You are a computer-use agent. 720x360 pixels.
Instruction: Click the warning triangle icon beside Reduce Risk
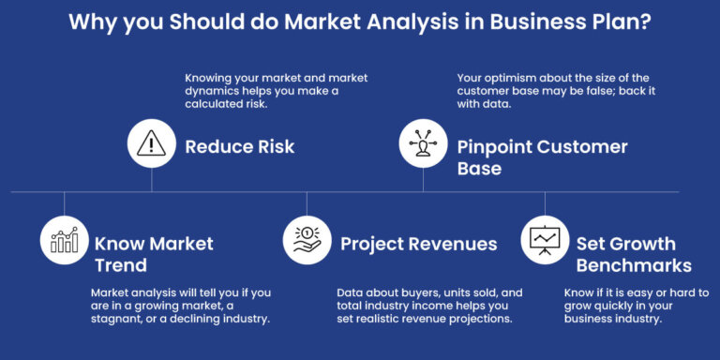pyautogui.click(x=151, y=142)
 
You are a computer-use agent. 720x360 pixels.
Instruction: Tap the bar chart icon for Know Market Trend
pyautogui.click(x=64, y=240)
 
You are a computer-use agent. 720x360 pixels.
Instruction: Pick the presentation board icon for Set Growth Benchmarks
pyautogui.click(x=545, y=240)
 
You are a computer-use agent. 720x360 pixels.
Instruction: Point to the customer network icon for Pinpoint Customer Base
pyautogui.click(x=423, y=142)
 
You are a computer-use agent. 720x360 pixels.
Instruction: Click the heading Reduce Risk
pyautogui.click(x=240, y=146)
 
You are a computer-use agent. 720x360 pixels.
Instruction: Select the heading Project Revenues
pyautogui.click(x=418, y=244)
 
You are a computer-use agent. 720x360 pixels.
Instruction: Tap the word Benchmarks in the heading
pyautogui.click(x=634, y=265)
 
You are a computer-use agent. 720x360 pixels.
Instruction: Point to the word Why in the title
pyautogui.click(x=91, y=22)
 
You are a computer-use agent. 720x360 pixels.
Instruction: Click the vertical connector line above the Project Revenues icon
pyautogui.click(x=307, y=204)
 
